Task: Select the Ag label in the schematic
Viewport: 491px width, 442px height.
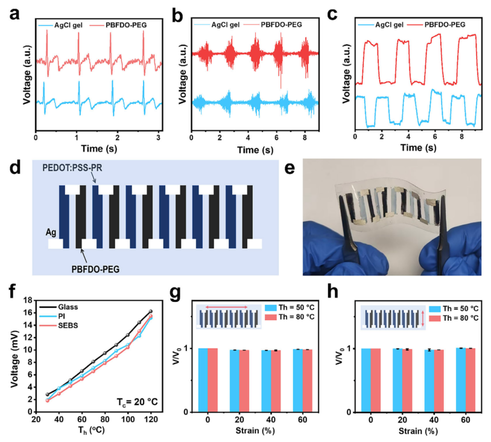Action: point(37,232)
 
